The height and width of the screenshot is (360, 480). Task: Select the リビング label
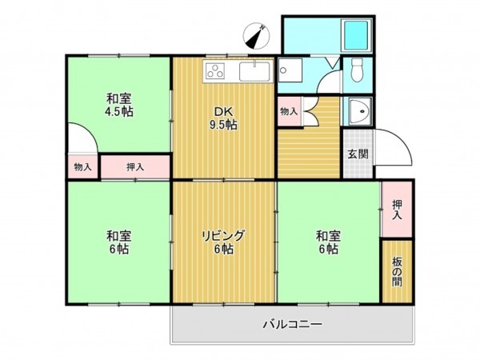pos(222,236)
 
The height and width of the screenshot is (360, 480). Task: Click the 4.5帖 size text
pos(118,112)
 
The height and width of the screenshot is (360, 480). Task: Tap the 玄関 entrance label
pos(358,154)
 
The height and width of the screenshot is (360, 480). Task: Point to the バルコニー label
pos(292,325)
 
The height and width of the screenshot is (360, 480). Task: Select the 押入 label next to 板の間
pos(398,210)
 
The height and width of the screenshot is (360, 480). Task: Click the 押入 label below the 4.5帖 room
pos(134,167)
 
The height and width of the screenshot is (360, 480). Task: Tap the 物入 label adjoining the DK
pos(288,111)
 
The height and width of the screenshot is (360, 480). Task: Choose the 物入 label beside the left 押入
pos(82,167)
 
